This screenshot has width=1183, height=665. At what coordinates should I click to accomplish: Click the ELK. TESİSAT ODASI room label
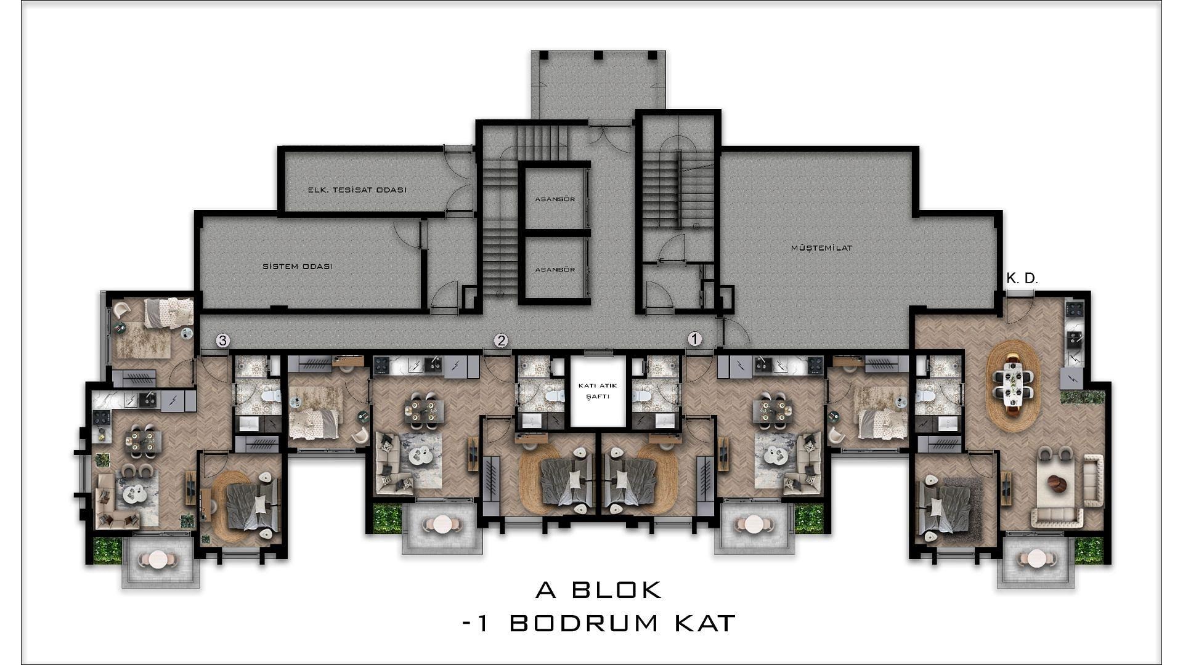click(x=357, y=190)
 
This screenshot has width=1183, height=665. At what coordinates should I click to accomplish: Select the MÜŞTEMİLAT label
click(x=821, y=248)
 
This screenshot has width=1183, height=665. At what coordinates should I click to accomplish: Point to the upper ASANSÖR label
click(x=555, y=199)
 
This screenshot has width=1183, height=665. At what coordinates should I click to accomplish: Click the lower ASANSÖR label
click(x=555, y=270)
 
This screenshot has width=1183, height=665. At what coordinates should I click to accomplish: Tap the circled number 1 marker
click(x=694, y=339)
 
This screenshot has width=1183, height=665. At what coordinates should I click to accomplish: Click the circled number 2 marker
click(x=502, y=341)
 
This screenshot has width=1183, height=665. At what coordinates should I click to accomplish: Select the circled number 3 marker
click(x=223, y=341)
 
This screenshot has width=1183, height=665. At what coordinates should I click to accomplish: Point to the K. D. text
click(x=1022, y=278)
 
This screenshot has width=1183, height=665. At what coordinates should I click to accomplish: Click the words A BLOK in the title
click(x=598, y=590)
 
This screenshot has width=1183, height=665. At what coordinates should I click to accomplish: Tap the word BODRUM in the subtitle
click(x=584, y=623)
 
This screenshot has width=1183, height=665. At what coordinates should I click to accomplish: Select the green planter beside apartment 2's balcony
click(x=387, y=518)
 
